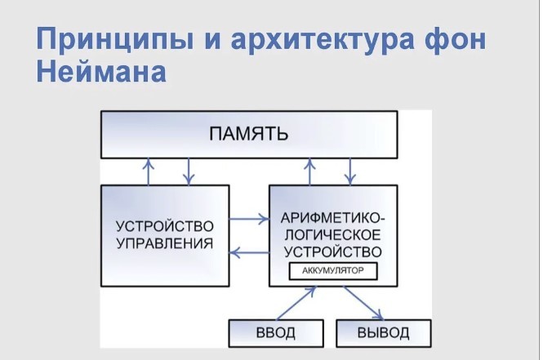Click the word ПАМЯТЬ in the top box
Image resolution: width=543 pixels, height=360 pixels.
[x=249, y=134]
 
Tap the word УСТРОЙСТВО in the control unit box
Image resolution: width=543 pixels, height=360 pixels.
[x=165, y=226]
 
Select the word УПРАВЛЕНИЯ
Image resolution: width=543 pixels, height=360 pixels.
[x=165, y=243]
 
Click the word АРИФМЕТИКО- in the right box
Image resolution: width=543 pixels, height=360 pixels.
[x=333, y=218]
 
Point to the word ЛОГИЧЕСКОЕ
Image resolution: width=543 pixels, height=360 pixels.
[x=333, y=235]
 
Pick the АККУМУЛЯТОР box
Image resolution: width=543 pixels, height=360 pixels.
[x=333, y=271]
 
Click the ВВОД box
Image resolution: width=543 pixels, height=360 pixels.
[x=276, y=333]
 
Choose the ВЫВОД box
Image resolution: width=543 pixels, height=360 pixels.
[x=384, y=333]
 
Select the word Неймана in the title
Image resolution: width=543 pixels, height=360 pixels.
[x=101, y=72]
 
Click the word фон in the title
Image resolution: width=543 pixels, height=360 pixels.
[x=456, y=38]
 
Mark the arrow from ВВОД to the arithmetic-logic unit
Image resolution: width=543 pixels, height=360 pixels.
[x=296, y=303]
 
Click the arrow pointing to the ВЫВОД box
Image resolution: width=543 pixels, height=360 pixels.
[x=363, y=303]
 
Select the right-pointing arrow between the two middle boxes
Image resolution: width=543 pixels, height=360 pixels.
[x=249, y=219]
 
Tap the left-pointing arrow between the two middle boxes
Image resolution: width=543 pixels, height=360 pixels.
[x=249, y=253]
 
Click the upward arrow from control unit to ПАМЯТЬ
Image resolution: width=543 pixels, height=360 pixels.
[x=149, y=171]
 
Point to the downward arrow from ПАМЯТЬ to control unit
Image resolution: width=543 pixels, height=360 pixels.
[x=189, y=171]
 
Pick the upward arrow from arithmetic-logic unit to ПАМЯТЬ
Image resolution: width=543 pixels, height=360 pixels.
[x=310, y=171]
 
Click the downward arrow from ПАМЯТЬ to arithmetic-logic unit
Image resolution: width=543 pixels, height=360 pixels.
[x=350, y=171]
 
